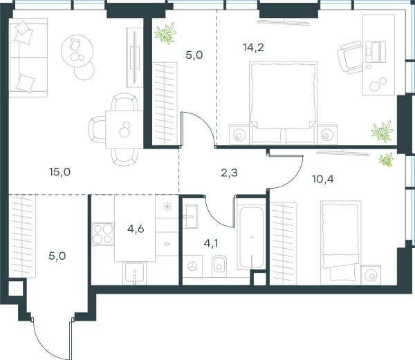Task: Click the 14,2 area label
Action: [253, 48]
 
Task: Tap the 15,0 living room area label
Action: [59, 172]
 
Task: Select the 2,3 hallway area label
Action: [229, 173]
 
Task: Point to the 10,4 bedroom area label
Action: [323, 179]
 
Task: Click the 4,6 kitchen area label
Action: [136, 229]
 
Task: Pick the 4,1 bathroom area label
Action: [211, 243]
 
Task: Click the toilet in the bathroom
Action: [219, 266]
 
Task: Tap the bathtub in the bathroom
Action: [252, 238]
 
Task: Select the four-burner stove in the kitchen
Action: [102, 234]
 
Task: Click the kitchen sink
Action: [134, 273]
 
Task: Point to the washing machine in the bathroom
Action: [192, 266]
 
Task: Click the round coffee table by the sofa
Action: [77, 51]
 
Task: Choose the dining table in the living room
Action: [124, 129]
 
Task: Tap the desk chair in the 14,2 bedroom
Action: [350, 57]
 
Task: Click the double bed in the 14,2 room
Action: [283, 103]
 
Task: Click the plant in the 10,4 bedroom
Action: [386, 160]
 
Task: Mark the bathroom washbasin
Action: [191, 217]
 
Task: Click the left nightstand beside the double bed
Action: [239, 135]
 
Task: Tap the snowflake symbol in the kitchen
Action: [167, 207]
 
